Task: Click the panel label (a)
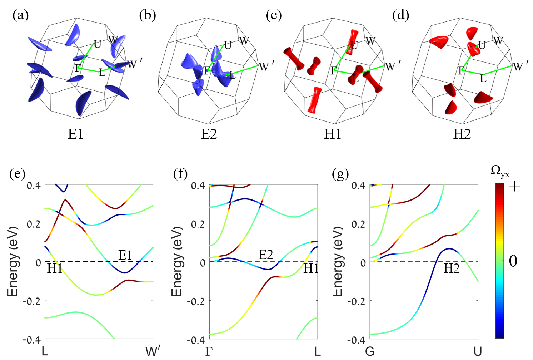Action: click(20, 15)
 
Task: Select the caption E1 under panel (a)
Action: click(76, 134)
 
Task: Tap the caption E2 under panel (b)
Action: click(209, 134)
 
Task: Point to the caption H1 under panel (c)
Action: click(333, 134)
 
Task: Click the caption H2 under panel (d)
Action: click(462, 134)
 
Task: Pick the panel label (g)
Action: click(340, 174)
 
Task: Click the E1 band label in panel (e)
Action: click(125, 255)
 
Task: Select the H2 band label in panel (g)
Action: click(452, 268)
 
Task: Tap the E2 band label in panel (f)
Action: click(266, 255)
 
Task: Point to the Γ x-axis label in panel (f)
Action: click(209, 352)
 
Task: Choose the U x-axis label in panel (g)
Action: click(478, 352)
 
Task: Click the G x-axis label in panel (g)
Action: click(370, 352)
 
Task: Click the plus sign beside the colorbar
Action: click(514, 187)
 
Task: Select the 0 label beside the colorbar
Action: click(513, 261)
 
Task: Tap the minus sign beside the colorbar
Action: click(514, 336)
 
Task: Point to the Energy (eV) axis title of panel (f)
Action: click(177, 261)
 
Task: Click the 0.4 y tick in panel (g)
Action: click(359, 186)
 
